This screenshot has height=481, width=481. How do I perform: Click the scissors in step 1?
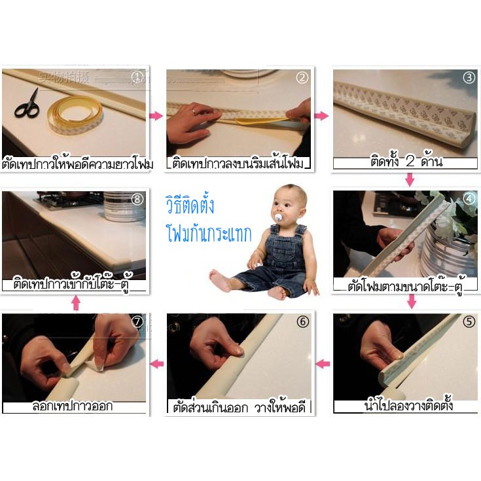(27, 104)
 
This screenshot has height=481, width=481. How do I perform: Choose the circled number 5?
(469, 322)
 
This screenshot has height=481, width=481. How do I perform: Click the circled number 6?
(302, 322)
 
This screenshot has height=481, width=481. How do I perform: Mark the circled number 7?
(137, 322)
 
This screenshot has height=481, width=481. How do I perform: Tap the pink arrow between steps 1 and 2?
(156, 116)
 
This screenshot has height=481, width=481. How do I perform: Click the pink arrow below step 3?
(410, 179)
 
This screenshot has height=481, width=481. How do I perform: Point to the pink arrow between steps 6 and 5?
(323, 363)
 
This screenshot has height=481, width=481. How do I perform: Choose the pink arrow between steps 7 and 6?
(157, 363)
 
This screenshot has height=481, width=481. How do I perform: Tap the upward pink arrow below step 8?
(76, 302)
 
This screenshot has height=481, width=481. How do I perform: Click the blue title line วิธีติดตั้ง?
(190, 205)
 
